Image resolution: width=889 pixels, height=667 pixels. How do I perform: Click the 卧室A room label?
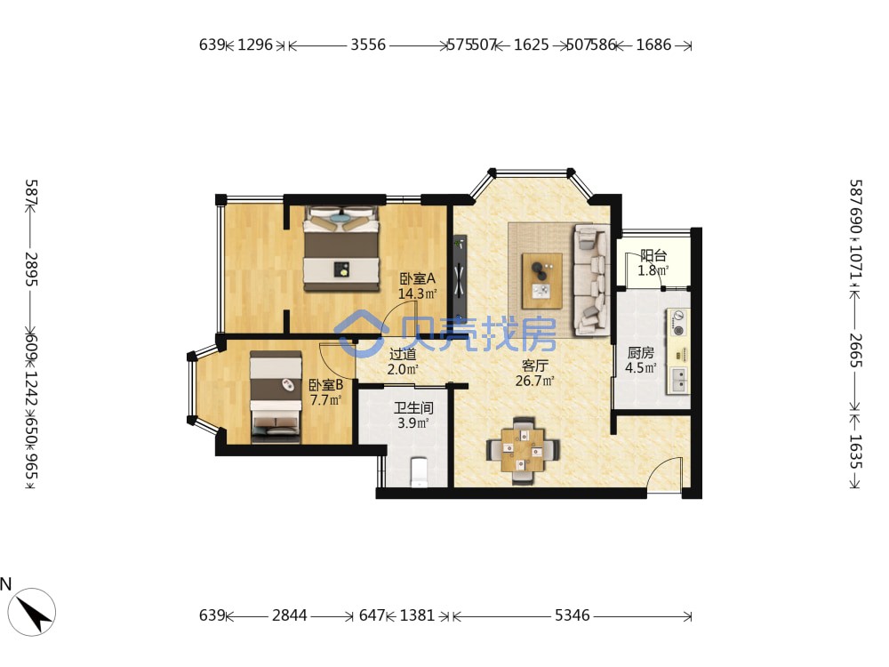417,278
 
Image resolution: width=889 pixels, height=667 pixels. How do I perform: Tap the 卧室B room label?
325,385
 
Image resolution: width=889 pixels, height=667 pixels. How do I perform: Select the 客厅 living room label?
534,366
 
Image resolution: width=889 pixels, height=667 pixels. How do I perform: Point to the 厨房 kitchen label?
641,353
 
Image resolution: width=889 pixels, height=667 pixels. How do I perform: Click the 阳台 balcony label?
653,255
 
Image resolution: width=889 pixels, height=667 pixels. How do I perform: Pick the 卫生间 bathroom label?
413,408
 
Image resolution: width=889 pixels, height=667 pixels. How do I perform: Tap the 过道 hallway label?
403,355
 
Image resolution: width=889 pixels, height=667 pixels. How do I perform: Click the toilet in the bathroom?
419,472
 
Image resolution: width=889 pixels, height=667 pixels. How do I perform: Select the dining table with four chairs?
523,450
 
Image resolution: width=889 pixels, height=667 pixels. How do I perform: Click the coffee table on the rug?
542,281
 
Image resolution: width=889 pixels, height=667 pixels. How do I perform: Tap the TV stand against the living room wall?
460,277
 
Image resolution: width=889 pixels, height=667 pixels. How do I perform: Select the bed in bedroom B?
276,397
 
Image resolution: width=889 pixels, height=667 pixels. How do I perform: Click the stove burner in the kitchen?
678,322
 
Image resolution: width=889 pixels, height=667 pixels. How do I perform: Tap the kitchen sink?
678,380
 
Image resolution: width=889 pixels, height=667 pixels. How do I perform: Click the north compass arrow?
35,612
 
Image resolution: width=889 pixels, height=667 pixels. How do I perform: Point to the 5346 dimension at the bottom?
572,615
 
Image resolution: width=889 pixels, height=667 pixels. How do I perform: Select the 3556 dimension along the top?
368,44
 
